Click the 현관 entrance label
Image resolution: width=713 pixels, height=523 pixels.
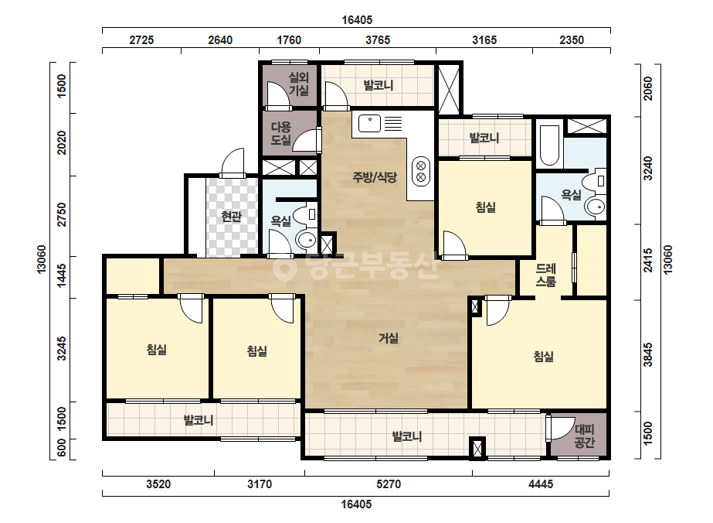click(x=231, y=216)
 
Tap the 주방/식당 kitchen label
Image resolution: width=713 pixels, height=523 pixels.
click(x=375, y=176)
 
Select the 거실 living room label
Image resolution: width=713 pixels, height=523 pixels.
click(x=389, y=338)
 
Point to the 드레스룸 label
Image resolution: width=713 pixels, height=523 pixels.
click(x=545, y=275)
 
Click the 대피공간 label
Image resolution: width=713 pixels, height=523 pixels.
click(x=584, y=436)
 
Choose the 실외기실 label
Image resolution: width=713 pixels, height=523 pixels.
click(x=299, y=84)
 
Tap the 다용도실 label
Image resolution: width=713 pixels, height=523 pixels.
click(x=281, y=133)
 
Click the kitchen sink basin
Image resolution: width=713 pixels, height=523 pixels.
click(x=369, y=123)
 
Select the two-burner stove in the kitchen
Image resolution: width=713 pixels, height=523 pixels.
click(x=421, y=171)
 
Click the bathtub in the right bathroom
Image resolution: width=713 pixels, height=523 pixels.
click(x=549, y=145)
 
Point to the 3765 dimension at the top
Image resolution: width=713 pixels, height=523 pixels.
click(x=378, y=40)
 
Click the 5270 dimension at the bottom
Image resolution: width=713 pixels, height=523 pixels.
click(x=389, y=484)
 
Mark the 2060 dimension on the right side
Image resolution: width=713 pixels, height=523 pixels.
click(x=648, y=89)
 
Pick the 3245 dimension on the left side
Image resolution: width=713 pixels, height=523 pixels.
click(x=61, y=348)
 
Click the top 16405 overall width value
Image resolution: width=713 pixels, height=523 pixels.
click(x=357, y=20)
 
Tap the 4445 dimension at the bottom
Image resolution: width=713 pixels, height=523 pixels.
click(x=541, y=484)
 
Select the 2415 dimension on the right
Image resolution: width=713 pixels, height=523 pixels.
click(x=648, y=260)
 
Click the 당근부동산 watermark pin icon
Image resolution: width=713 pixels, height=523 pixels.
click(x=284, y=268)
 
